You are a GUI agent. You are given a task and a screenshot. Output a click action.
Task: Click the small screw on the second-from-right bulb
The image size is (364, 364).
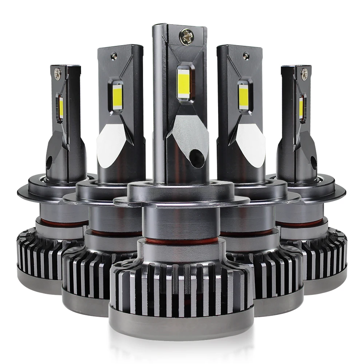[x=246, y=55]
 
